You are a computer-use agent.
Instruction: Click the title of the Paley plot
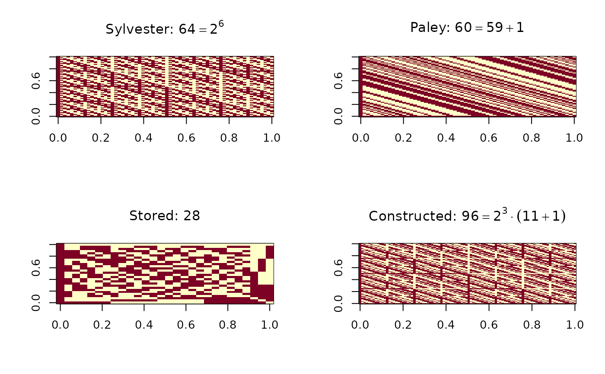467,29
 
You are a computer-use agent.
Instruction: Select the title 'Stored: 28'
165,216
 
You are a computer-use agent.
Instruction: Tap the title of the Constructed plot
467,216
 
